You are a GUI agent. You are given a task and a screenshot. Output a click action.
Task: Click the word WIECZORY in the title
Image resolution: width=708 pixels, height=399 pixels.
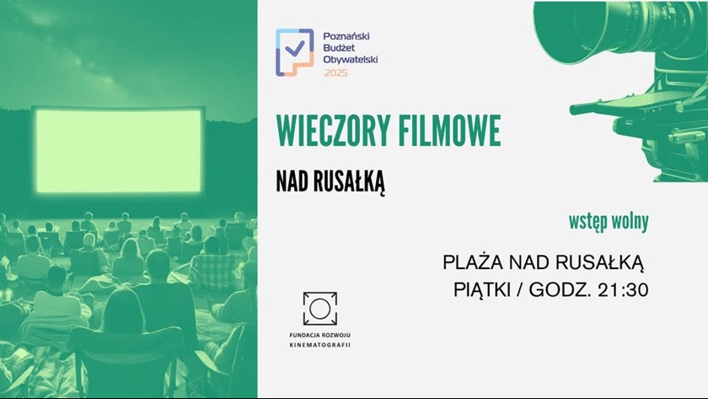[x=332, y=131]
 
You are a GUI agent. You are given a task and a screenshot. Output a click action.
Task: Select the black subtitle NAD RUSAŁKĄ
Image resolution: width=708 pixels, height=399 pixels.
[x=330, y=181]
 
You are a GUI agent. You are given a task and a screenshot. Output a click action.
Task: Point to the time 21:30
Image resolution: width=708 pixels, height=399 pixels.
[x=623, y=290]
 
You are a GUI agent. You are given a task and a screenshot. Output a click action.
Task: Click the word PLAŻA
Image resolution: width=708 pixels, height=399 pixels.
[x=473, y=262]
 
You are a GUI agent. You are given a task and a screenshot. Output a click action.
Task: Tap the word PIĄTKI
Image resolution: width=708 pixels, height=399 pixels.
[x=482, y=290]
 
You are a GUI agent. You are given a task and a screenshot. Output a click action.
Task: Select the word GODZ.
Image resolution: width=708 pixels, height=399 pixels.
[x=560, y=290]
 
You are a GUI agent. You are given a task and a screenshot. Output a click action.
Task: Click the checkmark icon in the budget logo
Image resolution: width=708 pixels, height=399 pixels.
[x=295, y=47]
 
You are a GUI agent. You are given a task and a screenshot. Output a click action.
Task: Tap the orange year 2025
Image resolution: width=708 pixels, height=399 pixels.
[x=336, y=73]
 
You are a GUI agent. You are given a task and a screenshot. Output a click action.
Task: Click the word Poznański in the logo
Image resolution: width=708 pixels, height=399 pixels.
[x=346, y=36]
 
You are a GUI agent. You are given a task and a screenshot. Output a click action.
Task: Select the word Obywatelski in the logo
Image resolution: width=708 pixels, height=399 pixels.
[x=351, y=60]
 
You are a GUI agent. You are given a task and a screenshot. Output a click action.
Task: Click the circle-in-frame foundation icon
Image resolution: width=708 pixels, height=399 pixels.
[x=320, y=309]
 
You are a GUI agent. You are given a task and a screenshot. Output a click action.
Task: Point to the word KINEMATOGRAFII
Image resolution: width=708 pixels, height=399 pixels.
[x=320, y=345]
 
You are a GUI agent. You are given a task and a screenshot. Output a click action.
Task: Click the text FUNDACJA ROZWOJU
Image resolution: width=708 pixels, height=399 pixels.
[x=320, y=335]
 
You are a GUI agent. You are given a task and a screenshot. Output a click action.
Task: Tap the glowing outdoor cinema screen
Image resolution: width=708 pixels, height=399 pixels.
[x=118, y=150]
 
